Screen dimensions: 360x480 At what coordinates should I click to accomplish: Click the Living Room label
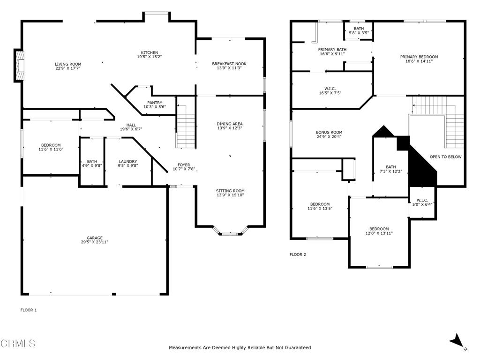click(x=68, y=64)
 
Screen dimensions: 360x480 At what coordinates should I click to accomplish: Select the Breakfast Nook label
click(x=229, y=64)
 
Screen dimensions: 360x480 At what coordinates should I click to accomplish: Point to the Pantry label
click(x=155, y=103)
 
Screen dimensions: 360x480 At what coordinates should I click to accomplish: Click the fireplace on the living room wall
click(x=20, y=65)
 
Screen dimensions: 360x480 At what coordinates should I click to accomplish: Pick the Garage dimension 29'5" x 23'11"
click(x=95, y=242)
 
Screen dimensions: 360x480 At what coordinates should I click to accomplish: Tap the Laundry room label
click(x=127, y=161)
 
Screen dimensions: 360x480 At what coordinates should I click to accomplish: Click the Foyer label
click(x=184, y=165)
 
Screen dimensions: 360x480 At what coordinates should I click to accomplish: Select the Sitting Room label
click(x=230, y=191)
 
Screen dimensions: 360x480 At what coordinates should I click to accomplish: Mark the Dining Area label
click(x=230, y=124)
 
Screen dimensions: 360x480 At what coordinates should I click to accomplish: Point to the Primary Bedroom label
click(x=419, y=57)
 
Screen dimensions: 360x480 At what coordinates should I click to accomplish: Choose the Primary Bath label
click(x=332, y=49)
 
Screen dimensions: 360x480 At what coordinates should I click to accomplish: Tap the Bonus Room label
click(x=329, y=133)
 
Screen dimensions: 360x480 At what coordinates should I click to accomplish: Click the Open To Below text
click(x=445, y=157)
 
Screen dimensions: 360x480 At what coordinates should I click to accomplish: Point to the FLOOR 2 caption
click(x=298, y=255)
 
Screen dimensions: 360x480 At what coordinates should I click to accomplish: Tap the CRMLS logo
click(x=17, y=344)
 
